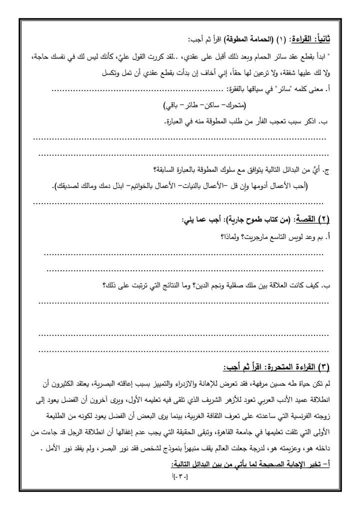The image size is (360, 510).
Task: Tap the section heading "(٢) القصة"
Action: [x=314, y=219]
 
